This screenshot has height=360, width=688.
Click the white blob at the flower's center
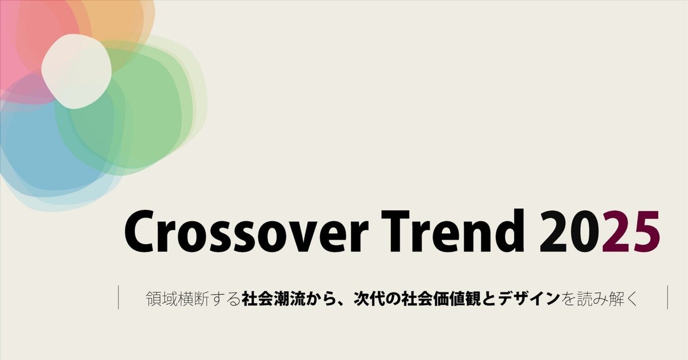76,71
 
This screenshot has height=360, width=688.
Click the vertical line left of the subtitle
119,298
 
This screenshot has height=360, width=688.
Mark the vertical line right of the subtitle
668,298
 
